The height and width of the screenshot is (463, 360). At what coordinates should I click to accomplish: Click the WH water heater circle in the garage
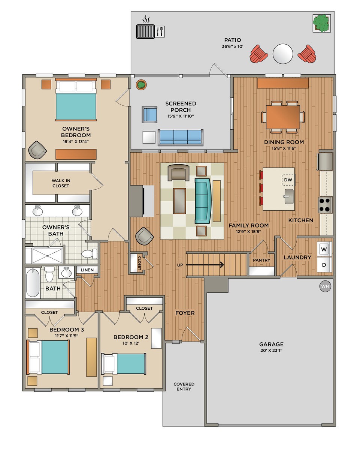(x=325, y=286)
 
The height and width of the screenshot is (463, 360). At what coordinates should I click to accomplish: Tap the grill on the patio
(x=145, y=31)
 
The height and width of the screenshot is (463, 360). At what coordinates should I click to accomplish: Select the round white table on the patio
(x=283, y=54)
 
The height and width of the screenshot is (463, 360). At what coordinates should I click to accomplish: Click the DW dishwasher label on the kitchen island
(x=288, y=180)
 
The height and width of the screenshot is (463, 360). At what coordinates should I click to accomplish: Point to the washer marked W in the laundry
(x=324, y=249)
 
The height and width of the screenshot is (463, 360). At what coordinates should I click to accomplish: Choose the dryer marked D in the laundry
(x=324, y=265)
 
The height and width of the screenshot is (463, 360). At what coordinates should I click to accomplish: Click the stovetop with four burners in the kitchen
(x=325, y=205)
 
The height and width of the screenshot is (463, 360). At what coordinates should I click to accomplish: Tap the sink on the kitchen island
(x=289, y=196)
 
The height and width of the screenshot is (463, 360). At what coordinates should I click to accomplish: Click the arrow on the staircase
(x=205, y=265)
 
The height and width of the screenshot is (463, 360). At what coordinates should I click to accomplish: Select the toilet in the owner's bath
(x=90, y=254)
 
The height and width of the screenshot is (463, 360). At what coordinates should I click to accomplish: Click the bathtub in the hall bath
(x=33, y=283)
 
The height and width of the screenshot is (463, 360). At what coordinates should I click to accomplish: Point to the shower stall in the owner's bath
(x=47, y=255)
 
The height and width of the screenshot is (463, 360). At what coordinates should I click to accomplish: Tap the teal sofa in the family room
(x=203, y=201)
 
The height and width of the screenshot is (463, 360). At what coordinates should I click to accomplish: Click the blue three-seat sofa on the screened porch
(x=181, y=138)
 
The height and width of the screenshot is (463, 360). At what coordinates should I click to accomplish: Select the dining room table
(x=283, y=117)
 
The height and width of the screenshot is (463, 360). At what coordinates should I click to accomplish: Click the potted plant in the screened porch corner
(x=141, y=85)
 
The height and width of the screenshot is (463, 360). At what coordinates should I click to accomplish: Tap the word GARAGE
(x=271, y=344)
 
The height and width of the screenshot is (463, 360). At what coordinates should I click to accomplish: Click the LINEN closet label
(x=87, y=270)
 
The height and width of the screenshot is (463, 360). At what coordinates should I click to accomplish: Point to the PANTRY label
(x=261, y=260)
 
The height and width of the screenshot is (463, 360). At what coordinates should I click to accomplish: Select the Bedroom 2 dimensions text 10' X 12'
(x=131, y=343)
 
